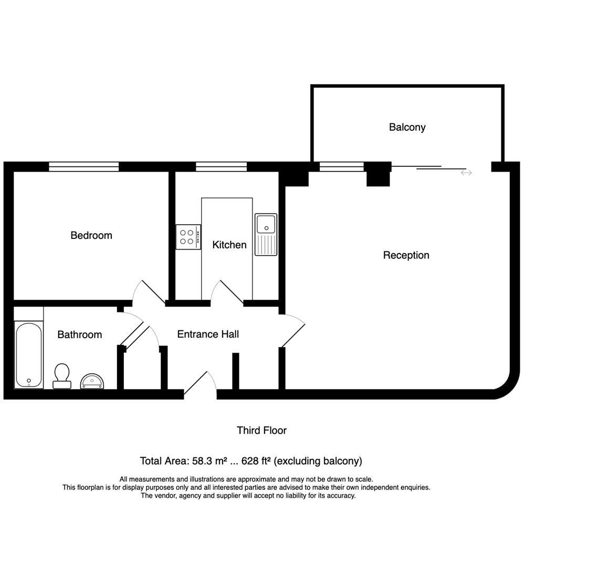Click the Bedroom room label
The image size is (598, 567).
click(x=91, y=235)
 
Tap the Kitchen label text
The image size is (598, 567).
click(x=229, y=245)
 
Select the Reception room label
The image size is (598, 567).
click(x=406, y=255)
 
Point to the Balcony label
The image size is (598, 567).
click(x=407, y=127)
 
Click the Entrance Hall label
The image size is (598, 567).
click(x=208, y=334)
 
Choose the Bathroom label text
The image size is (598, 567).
click(x=79, y=334)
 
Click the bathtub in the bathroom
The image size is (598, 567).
click(x=28, y=355)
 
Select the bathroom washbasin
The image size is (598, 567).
click(x=92, y=381)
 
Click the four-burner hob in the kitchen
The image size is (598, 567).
click(x=188, y=237)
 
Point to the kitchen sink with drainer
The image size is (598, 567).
click(x=266, y=234)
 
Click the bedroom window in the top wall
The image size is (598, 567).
click(x=84, y=166)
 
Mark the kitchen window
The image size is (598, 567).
click(x=221, y=166)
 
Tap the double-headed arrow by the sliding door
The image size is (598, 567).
click(x=466, y=173)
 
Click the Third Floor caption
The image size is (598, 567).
click(x=261, y=430)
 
